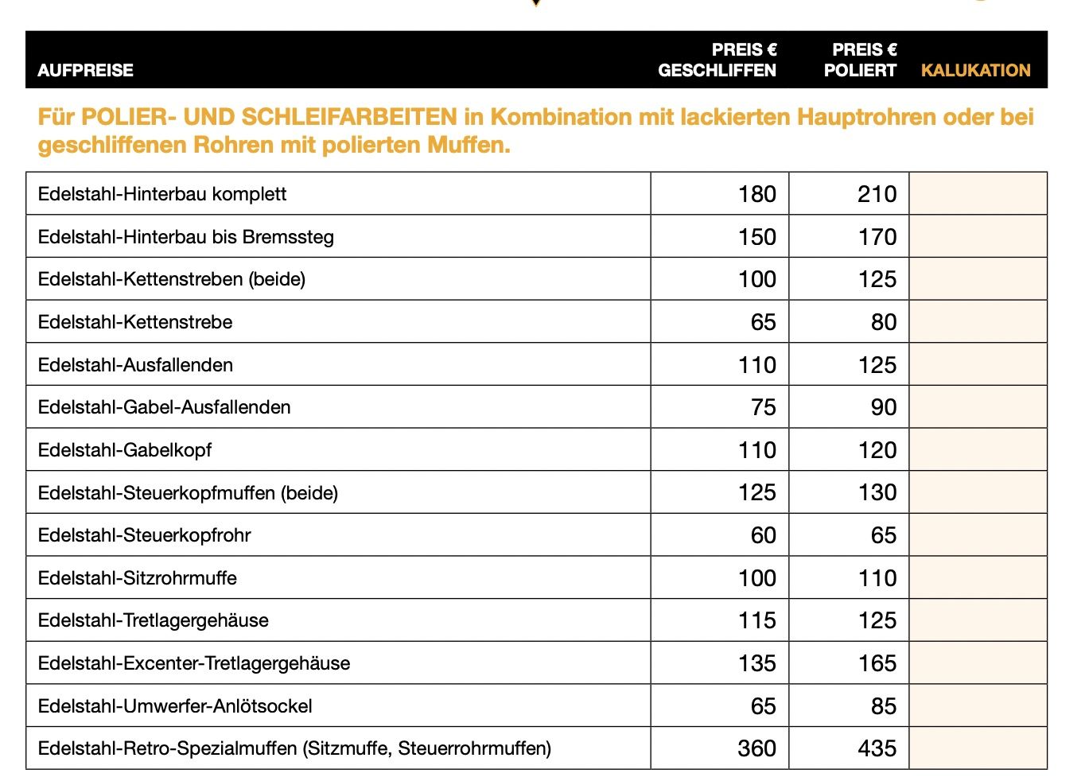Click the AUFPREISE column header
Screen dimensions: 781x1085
pyautogui.click(x=85, y=70)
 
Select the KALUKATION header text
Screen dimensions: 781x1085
pyautogui.click(x=975, y=70)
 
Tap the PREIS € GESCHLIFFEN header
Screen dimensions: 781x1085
pyautogui.click(x=717, y=60)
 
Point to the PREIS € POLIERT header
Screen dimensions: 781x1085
pyautogui.click(x=860, y=60)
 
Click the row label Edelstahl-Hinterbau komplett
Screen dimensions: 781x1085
pyautogui.click(x=162, y=194)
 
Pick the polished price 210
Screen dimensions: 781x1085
pyautogui.click(x=877, y=194)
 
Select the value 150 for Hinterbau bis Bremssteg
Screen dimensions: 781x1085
pyautogui.click(x=756, y=237)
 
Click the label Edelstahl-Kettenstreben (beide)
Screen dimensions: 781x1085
pyautogui.click(x=172, y=279)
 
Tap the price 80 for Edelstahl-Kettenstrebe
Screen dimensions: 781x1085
pyautogui.click(x=883, y=322)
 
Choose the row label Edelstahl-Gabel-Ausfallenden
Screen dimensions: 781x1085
pyautogui.click(x=164, y=407)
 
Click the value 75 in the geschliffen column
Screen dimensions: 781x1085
pyautogui.click(x=763, y=407)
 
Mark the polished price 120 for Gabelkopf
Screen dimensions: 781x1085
pyautogui.click(x=877, y=450)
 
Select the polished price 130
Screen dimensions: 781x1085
pyautogui.click(x=877, y=492)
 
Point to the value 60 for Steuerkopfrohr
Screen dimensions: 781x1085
pyautogui.click(x=763, y=535)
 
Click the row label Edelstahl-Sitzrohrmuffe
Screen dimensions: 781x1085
pyautogui.click(x=138, y=578)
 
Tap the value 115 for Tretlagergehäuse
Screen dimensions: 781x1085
pyautogui.click(x=756, y=620)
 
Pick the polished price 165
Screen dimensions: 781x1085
pyautogui.click(x=877, y=663)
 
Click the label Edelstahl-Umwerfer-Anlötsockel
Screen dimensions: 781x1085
pyautogui.click(x=175, y=706)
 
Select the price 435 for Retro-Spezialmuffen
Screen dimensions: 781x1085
pyautogui.click(x=877, y=748)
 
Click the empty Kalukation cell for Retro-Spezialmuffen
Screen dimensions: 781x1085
pyautogui.click(x=978, y=748)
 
